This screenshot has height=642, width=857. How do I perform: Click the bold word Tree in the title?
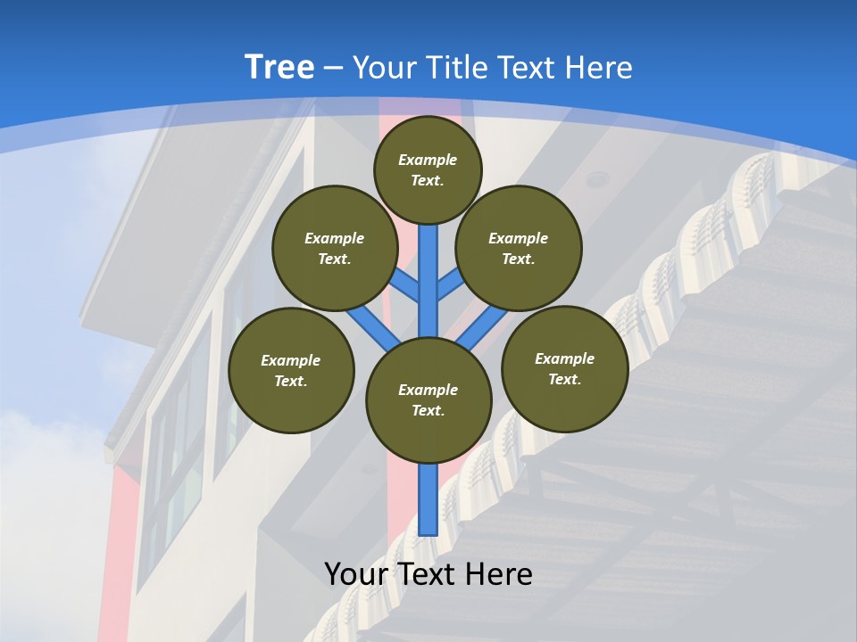pyautogui.click(x=279, y=67)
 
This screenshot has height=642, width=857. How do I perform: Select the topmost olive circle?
pyautogui.click(x=428, y=169)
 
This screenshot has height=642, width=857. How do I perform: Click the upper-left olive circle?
pyautogui.click(x=335, y=248)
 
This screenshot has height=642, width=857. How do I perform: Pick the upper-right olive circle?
pyautogui.click(x=519, y=248)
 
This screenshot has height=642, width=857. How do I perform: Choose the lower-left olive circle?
pyautogui.click(x=291, y=370)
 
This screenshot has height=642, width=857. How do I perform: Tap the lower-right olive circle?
pyautogui.click(x=564, y=368)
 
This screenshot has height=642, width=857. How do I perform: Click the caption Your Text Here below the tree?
pyautogui.click(x=428, y=573)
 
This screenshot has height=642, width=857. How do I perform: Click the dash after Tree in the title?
pyautogui.click(x=333, y=68)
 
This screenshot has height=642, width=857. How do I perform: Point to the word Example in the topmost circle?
pyautogui.click(x=428, y=160)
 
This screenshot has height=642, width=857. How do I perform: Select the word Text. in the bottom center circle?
pyautogui.click(x=428, y=410)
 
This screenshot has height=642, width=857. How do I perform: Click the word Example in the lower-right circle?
pyautogui.click(x=564, y=358)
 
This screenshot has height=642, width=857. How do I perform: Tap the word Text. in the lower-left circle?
pyautogui.click(x=291, y=381)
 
